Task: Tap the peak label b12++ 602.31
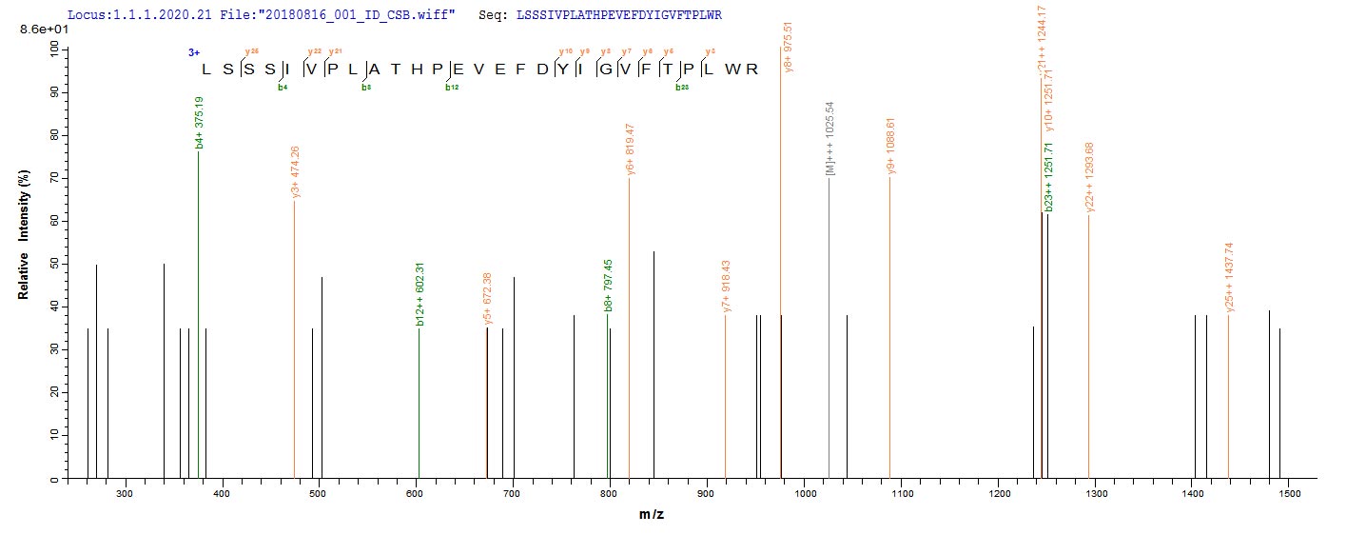(x=420, y=296)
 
